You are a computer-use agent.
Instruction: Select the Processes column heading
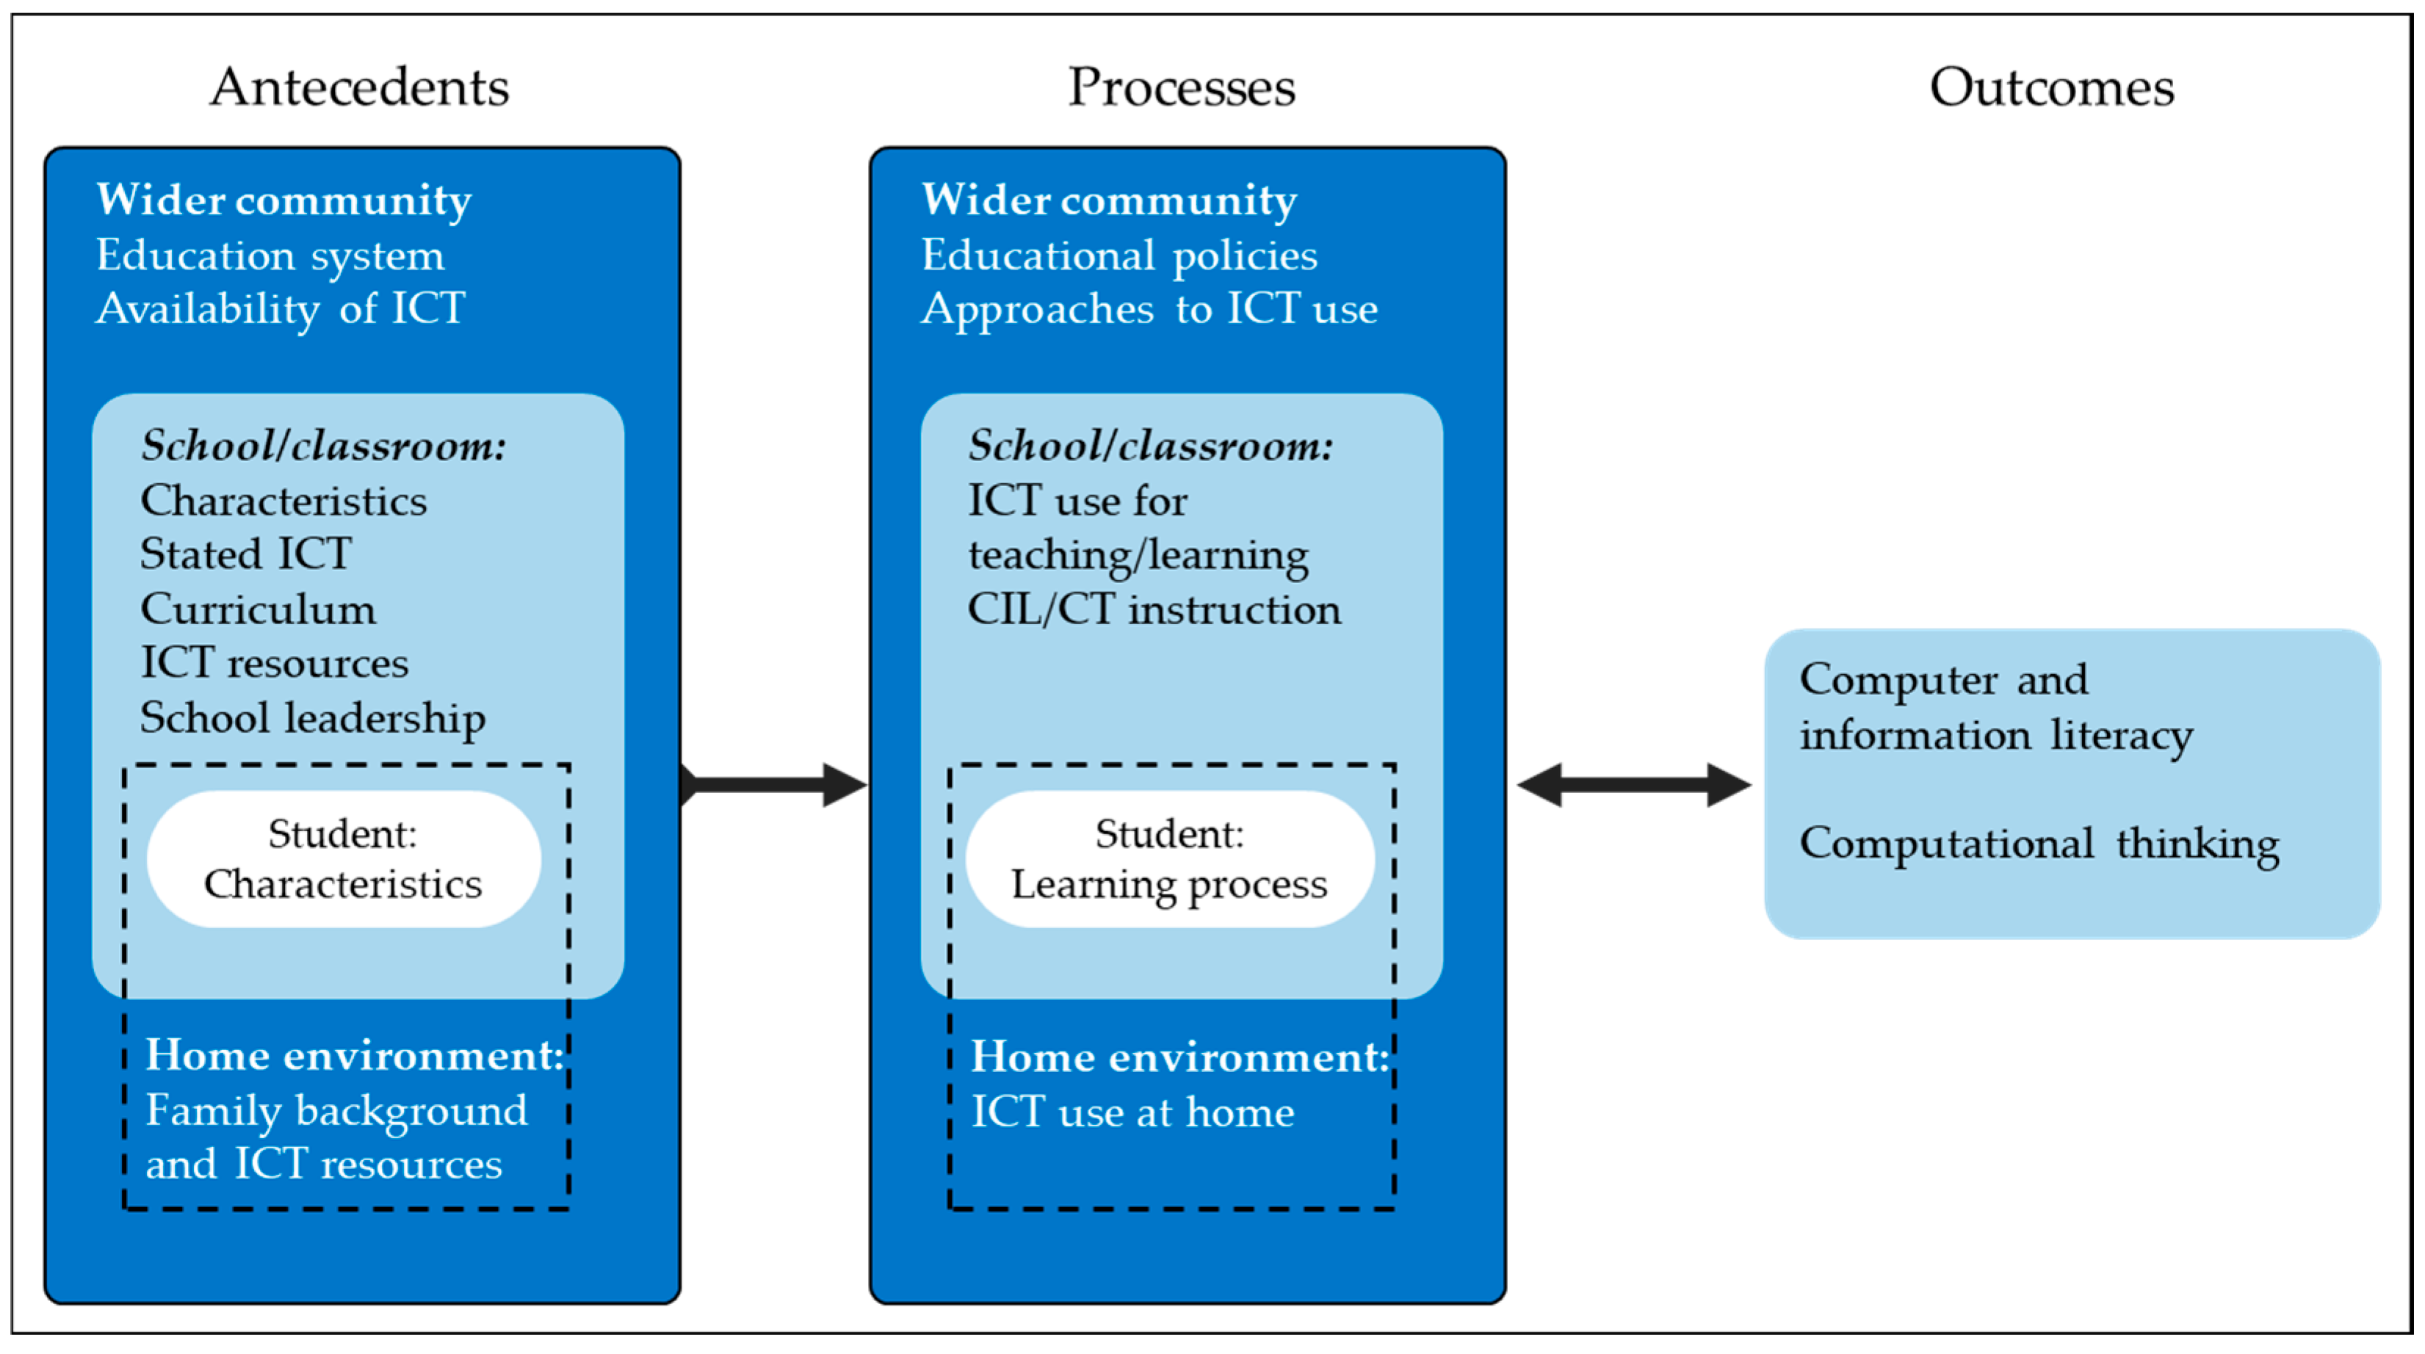pyautogui.click(x=1182, y=87)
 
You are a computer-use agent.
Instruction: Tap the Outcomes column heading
pyautogui.click(x=2051, y=87)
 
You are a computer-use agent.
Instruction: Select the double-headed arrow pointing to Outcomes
pyautogui.click(x=1634, y=785)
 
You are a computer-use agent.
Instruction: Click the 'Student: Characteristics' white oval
pyautogui.click(x=344, y=859)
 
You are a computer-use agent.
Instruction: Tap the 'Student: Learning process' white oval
pyautogui.click(x=1169, y=859)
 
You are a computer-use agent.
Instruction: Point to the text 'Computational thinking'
pyautogui.click(x=2039, y=844)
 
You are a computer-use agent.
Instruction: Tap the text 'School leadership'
pyautogui.click(x=313, y=719)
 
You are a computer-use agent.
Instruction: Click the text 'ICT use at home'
pyautogui.click(x=1132, y=1113)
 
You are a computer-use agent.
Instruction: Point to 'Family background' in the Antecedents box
pyautogui.click(x=336, y=1111)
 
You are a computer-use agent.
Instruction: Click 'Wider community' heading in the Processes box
pyautogui.click(x=1109, y=200)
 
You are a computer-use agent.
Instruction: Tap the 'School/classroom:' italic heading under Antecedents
pyautogui.click(x=324, y=446)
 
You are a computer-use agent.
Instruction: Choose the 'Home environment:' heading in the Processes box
pyautogui.click(x=1179, y=1057)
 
